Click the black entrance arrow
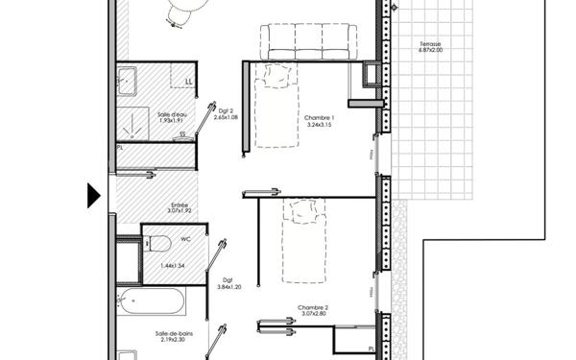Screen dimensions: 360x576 pos(93,195)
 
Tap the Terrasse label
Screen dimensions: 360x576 pos(431,45)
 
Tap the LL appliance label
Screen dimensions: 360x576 pos(188,82)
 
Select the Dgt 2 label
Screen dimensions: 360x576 pos(227,110)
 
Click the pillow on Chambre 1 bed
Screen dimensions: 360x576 pos(279,73)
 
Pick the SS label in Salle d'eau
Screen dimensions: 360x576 pos(181,134)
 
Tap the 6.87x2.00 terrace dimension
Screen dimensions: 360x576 pos(431,52)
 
